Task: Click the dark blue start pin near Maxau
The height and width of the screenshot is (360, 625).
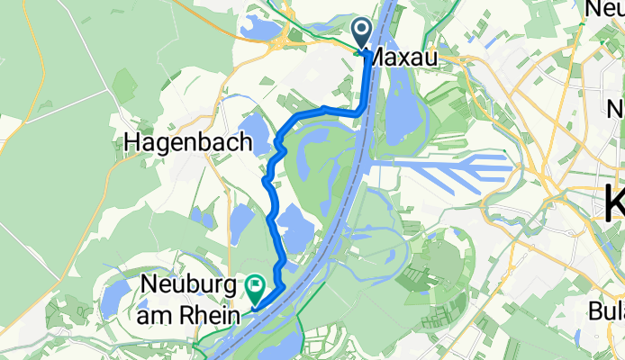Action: pyautogui.click(x=362, y=33)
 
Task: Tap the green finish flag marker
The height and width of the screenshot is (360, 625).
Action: pyautogui.click(x=255, y=289)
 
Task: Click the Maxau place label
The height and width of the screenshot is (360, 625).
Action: pyautogui.click(x=404, y=58)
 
